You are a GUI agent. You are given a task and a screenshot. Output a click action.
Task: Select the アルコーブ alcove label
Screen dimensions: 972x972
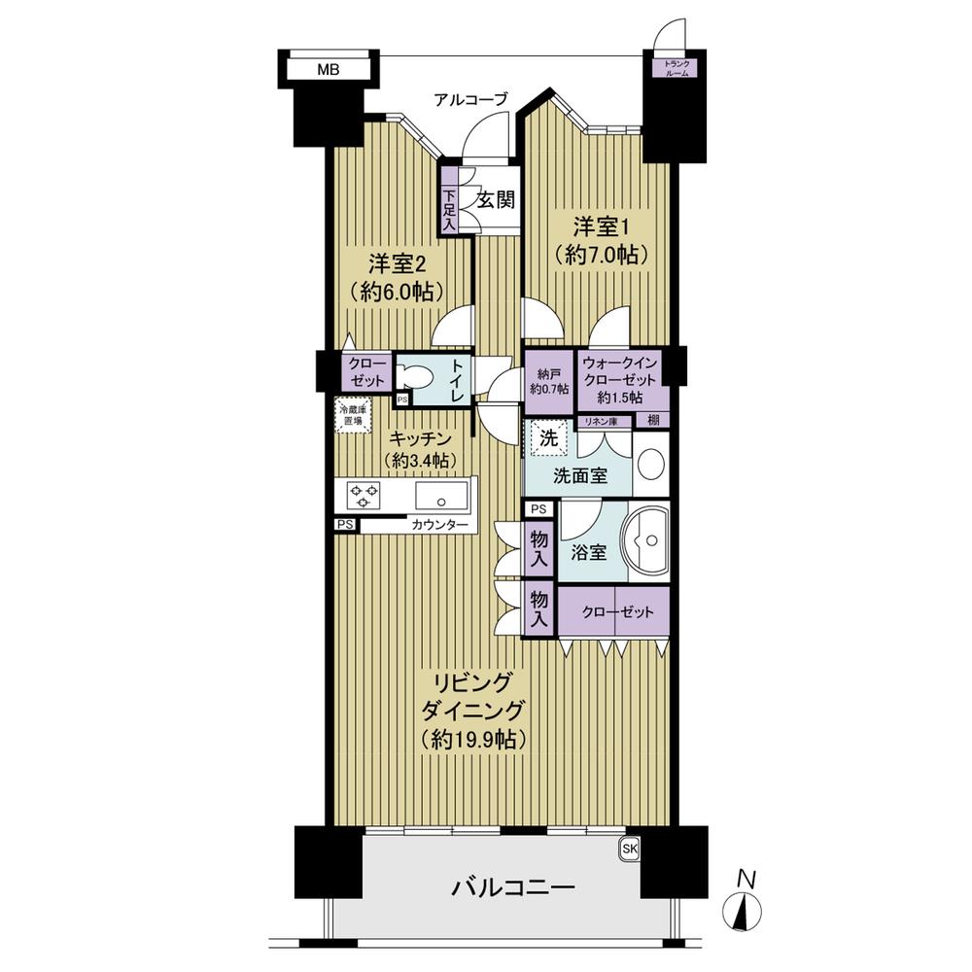pyautogui.click(x=470, y=99)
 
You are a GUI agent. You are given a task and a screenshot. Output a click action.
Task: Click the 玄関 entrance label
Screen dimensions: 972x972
pyautogui.click(x=496, y=199)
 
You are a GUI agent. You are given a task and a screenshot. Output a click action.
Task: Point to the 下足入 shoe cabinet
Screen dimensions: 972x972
pyautogui.click(x=449, y=201)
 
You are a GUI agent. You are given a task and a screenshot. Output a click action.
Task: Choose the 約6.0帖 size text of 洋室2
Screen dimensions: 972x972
pyautogui.click(x=397, y=292)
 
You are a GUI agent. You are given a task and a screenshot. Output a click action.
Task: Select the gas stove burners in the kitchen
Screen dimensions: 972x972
pyautogui.click(x=364, y=496)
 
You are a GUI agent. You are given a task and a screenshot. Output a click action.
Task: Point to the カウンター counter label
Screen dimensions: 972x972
pyautogui.click(x=439, y=525)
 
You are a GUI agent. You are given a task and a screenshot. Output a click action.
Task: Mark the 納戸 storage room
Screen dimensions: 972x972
pyautogui.click(x=549, y=382)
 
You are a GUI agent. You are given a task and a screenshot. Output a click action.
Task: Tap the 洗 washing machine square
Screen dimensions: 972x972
pyautogui.click(x=548, y=439)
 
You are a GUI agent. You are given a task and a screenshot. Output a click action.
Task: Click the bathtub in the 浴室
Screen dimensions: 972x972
pyautogui.click(x=647, y=541)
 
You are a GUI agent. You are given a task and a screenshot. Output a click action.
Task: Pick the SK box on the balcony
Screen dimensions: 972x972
pyautogui.click(x=629, y=849)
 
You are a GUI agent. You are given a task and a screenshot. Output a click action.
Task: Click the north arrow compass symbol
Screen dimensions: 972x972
pyautogui.click(x=743, y=909)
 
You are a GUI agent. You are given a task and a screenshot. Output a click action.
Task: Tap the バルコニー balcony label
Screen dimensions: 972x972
pyautogui.click(x=512, y=888)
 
